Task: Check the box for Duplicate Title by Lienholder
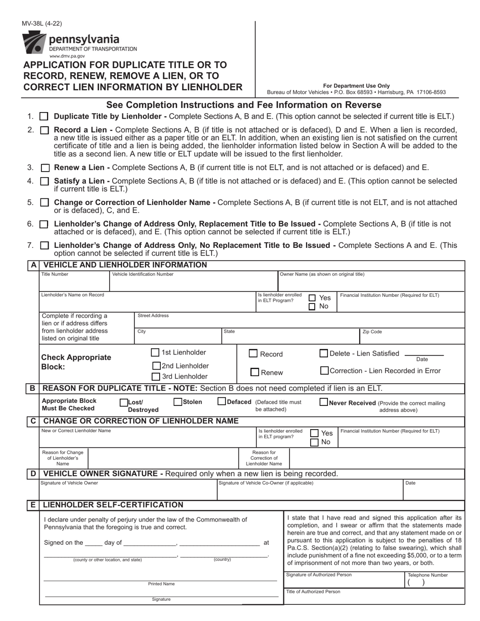point(44,117)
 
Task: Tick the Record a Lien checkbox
point(44,130)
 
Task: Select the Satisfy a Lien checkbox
point(44,181)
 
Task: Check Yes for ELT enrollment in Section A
point(312,298)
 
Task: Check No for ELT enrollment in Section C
point(314,442)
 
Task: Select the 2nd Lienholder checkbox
point(157,366)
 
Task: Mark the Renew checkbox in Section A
point(255,373)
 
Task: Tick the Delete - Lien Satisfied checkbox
point(324,353)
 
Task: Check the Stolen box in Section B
point(178,402)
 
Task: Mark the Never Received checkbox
point(324,402)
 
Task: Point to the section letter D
point(33,474)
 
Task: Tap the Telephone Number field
point(435,582)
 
